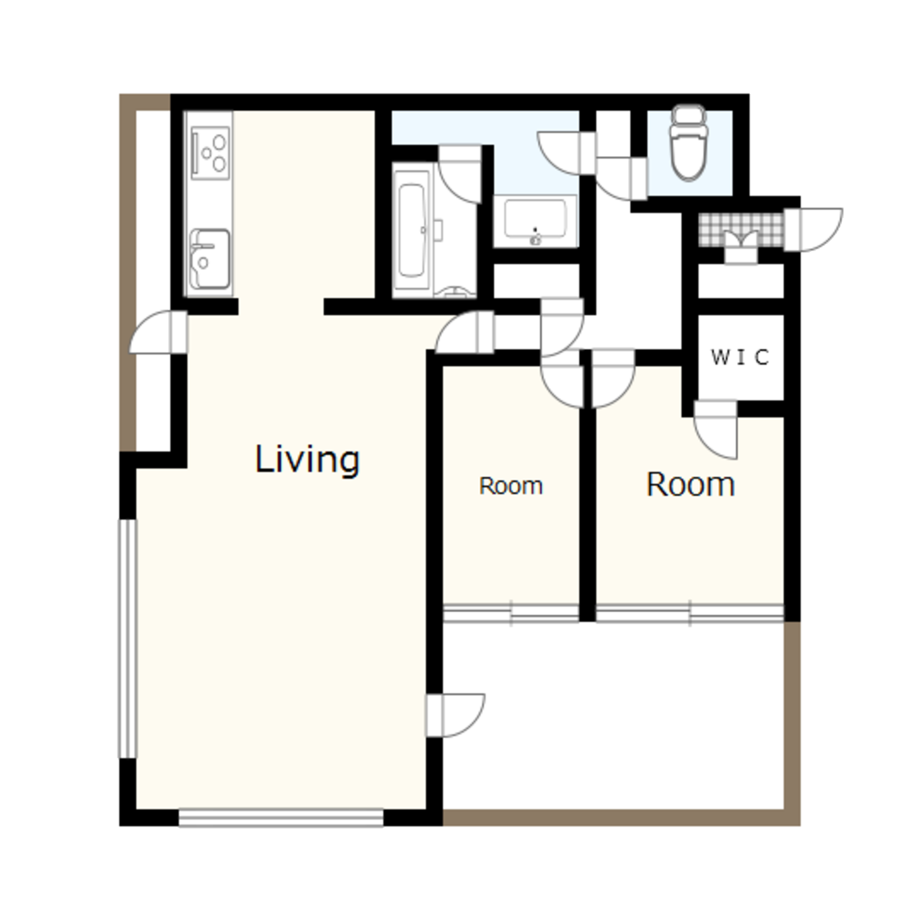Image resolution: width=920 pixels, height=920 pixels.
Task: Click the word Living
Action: (x=307, y=461)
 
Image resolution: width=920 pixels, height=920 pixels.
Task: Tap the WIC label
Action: (x=740, y=357)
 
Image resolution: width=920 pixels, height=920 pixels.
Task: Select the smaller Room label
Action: (x=511, y=486)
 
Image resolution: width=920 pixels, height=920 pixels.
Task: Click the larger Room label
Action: (x=691, y=485)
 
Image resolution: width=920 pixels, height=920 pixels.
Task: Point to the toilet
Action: (x=688, y=143)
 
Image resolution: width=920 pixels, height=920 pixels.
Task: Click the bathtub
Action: (x=411, y=230)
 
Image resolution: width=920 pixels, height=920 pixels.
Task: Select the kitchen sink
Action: (x=210, y=259)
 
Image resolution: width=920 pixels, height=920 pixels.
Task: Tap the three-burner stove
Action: (x=211, y=153)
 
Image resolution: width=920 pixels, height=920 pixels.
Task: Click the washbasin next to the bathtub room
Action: (x=535, y=221)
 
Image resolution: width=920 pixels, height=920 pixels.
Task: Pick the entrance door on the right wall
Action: (x=813, y=229)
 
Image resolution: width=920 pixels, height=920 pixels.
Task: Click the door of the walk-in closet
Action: (x=716, y=430)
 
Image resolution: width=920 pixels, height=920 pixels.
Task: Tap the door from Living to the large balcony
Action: (x=455, y=715)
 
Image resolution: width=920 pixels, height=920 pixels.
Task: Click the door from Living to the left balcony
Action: (x=158, y=332)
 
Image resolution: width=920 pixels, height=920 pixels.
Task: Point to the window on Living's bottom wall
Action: (x=281, y=817)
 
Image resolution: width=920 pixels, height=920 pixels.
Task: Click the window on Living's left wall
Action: (x=128, y=639)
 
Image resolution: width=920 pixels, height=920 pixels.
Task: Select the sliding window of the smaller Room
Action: (x=511, y=613)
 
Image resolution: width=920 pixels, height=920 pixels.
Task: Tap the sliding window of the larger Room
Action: (x=690, y=613)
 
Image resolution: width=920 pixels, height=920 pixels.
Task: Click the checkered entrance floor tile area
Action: (x=741, y=229)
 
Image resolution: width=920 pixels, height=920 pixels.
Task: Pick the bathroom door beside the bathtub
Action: (x=460, y=174)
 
